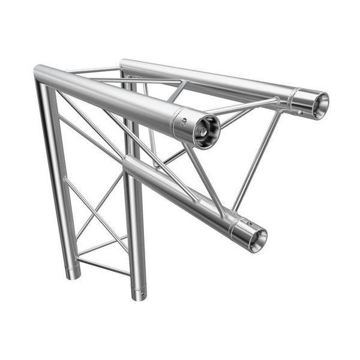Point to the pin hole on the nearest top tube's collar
click(x=185, y=120)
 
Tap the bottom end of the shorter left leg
click(x=73, y=275)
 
